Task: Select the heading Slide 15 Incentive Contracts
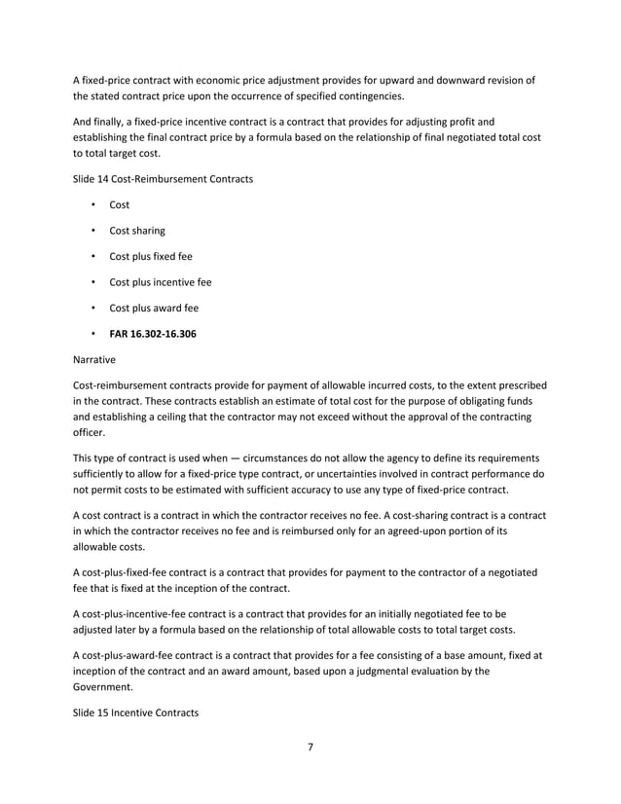[x=135, y=713]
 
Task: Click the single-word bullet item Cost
[x=119, y=205]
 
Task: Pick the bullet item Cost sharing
[x=137, y=231]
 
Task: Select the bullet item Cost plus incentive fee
[x=161, y=282]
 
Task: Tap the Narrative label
[x=95, y=359]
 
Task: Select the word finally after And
[x=116, y=122]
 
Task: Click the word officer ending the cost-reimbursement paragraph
[x=91, y=431]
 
